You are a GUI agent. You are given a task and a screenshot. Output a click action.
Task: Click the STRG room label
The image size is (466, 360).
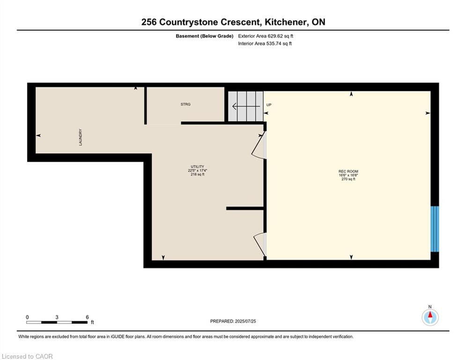[185, 105]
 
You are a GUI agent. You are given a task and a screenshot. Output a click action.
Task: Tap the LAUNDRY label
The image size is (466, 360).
[81, 137]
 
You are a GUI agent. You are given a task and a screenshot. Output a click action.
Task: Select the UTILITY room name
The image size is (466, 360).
[197, 166]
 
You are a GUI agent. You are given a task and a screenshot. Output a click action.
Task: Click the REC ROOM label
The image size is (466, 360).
[348, 172]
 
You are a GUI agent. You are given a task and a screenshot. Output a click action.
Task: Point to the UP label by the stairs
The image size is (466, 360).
[269, 105]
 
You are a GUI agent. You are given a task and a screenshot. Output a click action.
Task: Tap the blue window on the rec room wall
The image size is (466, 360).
[435, 229]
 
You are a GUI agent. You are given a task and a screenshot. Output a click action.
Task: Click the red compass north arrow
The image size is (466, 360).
[430, 315]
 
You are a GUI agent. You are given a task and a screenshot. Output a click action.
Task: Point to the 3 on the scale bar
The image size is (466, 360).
[57, 317]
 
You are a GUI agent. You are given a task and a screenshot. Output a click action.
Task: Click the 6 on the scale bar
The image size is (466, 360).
[88, 317]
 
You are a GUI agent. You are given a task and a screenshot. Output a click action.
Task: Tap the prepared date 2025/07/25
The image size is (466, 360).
[245, 321]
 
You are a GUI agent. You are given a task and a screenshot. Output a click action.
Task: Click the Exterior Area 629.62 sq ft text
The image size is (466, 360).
[266, 36]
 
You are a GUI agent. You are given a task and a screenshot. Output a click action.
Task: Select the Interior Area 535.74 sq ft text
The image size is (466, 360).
[265, 44]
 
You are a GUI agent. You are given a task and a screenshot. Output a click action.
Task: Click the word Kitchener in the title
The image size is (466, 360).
[286, 22]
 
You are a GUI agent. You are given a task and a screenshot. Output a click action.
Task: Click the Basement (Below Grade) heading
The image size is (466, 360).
[205, 36]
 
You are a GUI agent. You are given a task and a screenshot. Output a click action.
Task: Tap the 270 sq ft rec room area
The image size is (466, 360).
[348, 179]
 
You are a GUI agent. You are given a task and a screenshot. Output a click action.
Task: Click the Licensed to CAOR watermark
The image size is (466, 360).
[27, 356]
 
